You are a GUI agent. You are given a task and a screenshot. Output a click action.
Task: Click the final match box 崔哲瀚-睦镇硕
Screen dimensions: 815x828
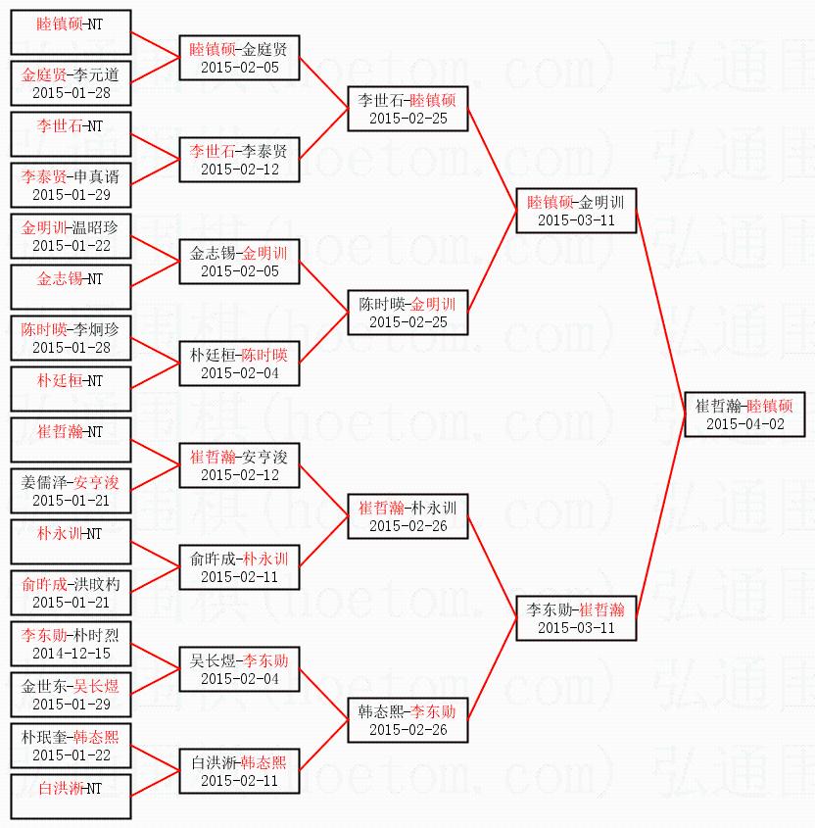pos(743,414)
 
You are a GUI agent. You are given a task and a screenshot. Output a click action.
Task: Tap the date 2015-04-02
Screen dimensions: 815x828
pos(743,423)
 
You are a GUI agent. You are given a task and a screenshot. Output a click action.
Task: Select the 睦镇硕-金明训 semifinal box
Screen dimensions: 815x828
pos(576,211)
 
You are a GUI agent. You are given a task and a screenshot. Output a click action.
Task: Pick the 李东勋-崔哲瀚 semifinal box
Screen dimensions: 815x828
pos(576,617)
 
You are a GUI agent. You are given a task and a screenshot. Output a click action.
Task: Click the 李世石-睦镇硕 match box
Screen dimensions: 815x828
pos(407,109)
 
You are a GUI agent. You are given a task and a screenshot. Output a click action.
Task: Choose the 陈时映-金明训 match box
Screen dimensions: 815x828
pos(407,313)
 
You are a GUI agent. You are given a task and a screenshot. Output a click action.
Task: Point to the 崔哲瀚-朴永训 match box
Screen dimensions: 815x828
pos(407,516)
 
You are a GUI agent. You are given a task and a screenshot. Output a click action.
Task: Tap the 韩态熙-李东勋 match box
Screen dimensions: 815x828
pos(407,719)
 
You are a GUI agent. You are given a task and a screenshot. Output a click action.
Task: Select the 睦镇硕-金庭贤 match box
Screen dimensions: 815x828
pos(239,58)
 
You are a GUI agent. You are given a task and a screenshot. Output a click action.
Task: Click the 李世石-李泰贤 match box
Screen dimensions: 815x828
pos(239,160)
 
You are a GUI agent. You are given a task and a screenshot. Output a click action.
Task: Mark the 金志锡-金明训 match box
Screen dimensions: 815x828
pos(239,262)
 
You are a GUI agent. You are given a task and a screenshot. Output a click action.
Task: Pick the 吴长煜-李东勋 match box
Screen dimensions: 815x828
pos(239,668)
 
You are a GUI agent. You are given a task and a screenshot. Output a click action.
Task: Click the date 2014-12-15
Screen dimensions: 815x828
pos(71,653)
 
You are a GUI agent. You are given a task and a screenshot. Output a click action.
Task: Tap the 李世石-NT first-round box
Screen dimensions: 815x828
pos(71,134)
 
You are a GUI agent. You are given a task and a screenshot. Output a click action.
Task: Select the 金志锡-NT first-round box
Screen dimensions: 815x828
pos(71,287)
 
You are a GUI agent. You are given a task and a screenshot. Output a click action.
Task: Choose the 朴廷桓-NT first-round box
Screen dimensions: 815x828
pos(71,389)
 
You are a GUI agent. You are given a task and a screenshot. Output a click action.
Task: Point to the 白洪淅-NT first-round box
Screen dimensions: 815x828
pos(71,796)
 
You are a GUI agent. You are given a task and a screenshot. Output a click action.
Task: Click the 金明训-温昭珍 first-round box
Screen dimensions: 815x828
pos(71,236)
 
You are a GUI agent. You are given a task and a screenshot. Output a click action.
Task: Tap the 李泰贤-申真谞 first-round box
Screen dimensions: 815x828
pos(71,185)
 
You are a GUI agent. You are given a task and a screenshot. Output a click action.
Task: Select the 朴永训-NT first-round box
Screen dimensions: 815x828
pos(71,542)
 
